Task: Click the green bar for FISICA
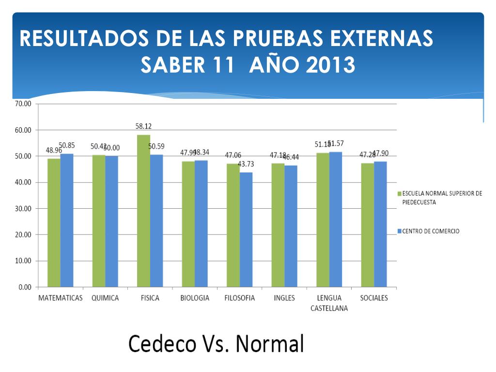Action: tap(143, 211)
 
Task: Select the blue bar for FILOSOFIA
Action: tap(246, 230)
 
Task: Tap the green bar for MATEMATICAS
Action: tap(54, 223)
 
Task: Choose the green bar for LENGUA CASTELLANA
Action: tap(323, 220)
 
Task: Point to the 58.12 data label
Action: tap(143, 126)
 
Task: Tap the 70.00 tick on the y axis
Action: tap(22, 104)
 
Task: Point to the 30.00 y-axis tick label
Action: tap(22, 208)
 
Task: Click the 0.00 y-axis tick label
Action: tap(24, 287)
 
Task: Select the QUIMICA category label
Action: tap(105, 298)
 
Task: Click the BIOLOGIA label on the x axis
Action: tap(195, 298)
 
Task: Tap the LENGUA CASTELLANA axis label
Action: tap(329, 303)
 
